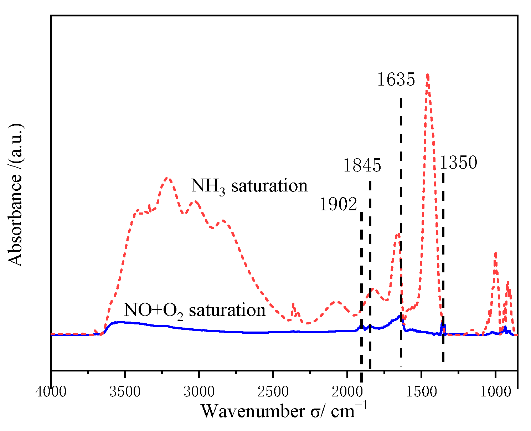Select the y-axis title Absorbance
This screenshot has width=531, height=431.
[16, 195]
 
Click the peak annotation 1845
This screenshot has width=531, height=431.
[362, 166]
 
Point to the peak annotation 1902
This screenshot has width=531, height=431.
[338, 205]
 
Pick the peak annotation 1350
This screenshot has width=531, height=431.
[458, 163]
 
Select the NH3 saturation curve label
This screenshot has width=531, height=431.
[249, 186]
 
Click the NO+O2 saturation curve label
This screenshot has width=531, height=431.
[195, 310]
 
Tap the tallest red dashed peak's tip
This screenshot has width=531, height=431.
[427, 74]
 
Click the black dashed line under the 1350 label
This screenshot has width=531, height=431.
[443, 267]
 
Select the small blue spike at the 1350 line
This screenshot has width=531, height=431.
[443, 323]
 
